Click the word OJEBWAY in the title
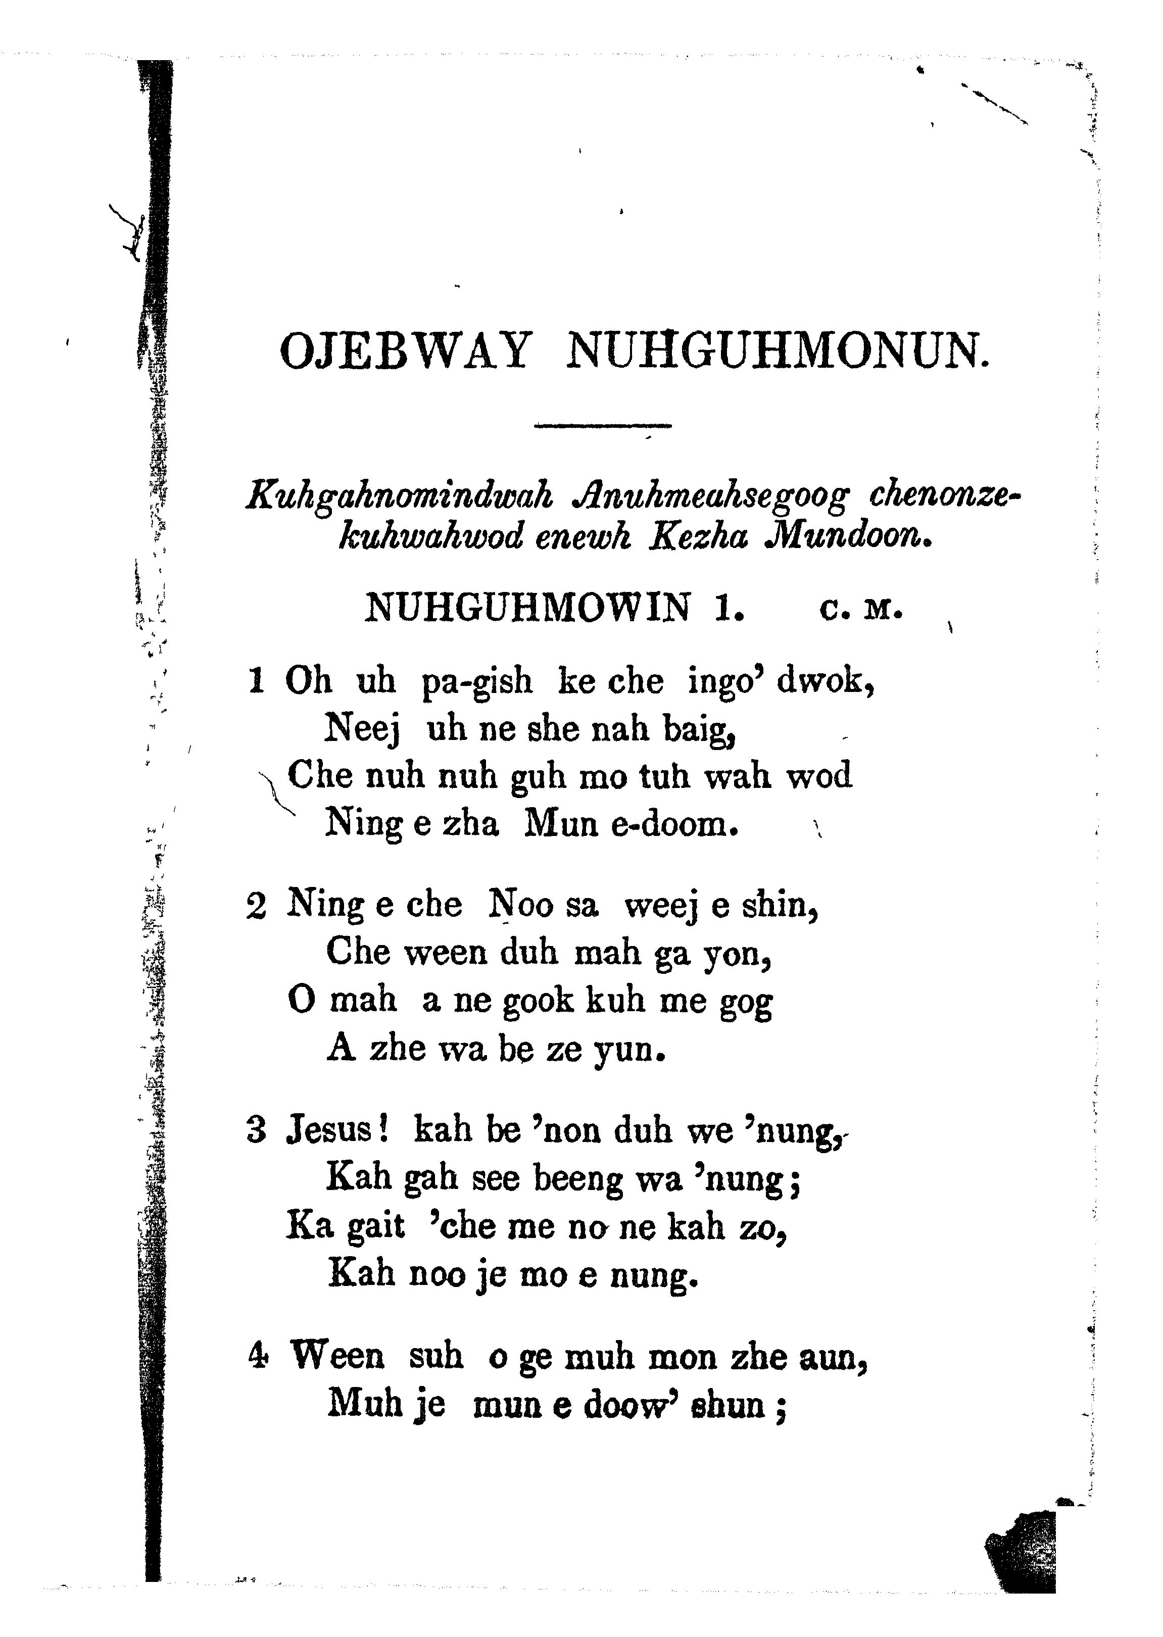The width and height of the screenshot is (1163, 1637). [406, 351]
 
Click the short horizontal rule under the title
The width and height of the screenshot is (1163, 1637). [602, 427]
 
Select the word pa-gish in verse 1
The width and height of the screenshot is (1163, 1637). [477, 681]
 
